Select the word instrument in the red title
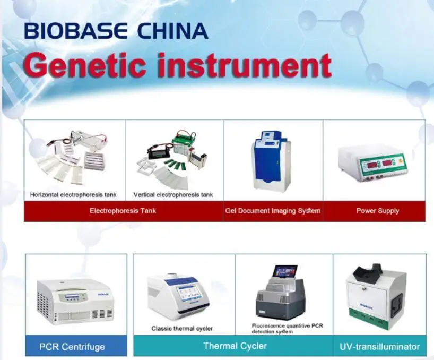click(x=240, y=65)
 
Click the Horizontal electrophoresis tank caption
click(x=73, y=195)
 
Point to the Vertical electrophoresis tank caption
click(x=173, y=195)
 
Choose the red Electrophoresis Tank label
click(x=123, y=211)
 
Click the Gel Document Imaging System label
click(x=273, y=211)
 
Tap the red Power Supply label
click(x=377, y=211)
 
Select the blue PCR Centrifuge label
click(x=72, y=347)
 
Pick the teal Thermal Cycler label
click(x=235, y=346)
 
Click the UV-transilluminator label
click(x=379, y=347)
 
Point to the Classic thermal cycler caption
click(x=182, y=329)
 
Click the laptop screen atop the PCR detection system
click(x=285, y=271)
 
